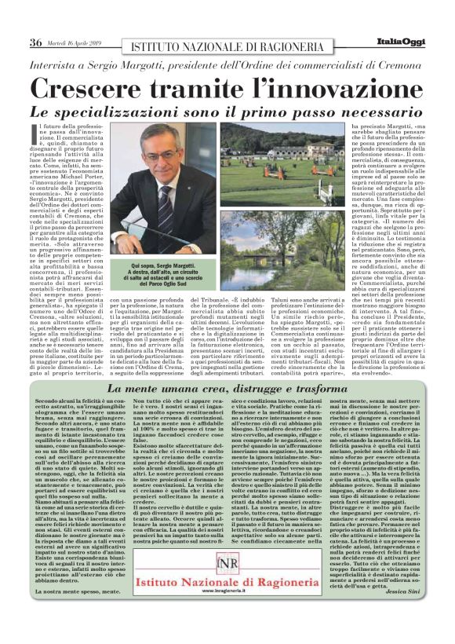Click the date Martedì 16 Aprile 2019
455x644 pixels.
[x=77, y=42]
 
